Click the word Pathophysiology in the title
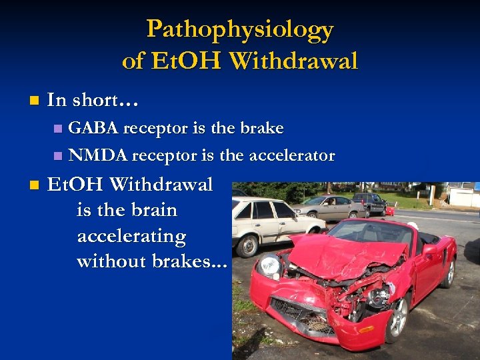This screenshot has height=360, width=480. pyautogui.click(x=239, y=29)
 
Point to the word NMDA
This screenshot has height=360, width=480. pyautogui.click(x=99, y=156)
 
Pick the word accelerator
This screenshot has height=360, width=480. pyautogui.click(x=291, y=156)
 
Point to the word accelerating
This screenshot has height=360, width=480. pyautogui.click(x=131, y=236)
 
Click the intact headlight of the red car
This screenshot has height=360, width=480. pyautogui.click(x=269, y=265)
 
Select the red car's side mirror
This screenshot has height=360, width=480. pyautogui.click(x=428, y=249)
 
